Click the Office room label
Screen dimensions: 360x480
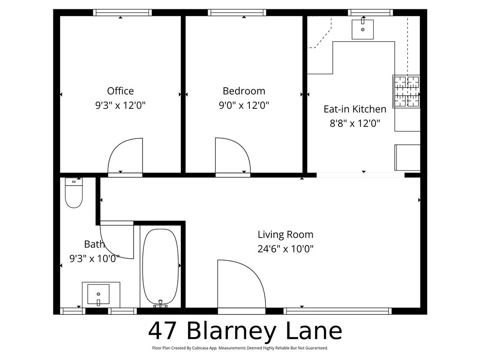(x=120, y=91)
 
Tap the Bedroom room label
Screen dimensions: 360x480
(x=244, y=91)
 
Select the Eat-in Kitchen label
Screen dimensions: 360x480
(x=355, y=109)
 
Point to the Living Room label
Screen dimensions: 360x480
(x=285, y=234)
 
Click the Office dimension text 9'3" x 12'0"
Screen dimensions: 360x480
(x=120, y=105)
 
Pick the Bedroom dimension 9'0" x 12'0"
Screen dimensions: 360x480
(x=244, y=105)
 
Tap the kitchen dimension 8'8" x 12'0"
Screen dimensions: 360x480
(x=355, y=124)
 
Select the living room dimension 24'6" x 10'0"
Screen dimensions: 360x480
(x=285, y=249)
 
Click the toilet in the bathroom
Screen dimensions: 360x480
(x=74, y=193)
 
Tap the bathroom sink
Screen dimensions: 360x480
(x=98, y=294)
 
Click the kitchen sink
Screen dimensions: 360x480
(x=363, y=29)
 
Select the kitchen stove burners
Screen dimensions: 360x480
(x=406, y=91)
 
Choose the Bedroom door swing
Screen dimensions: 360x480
(x=232, y=157)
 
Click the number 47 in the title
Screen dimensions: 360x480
(x=163, y=331)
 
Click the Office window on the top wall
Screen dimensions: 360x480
(x=123, y=13)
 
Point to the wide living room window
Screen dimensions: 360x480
(x=337, y=311)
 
